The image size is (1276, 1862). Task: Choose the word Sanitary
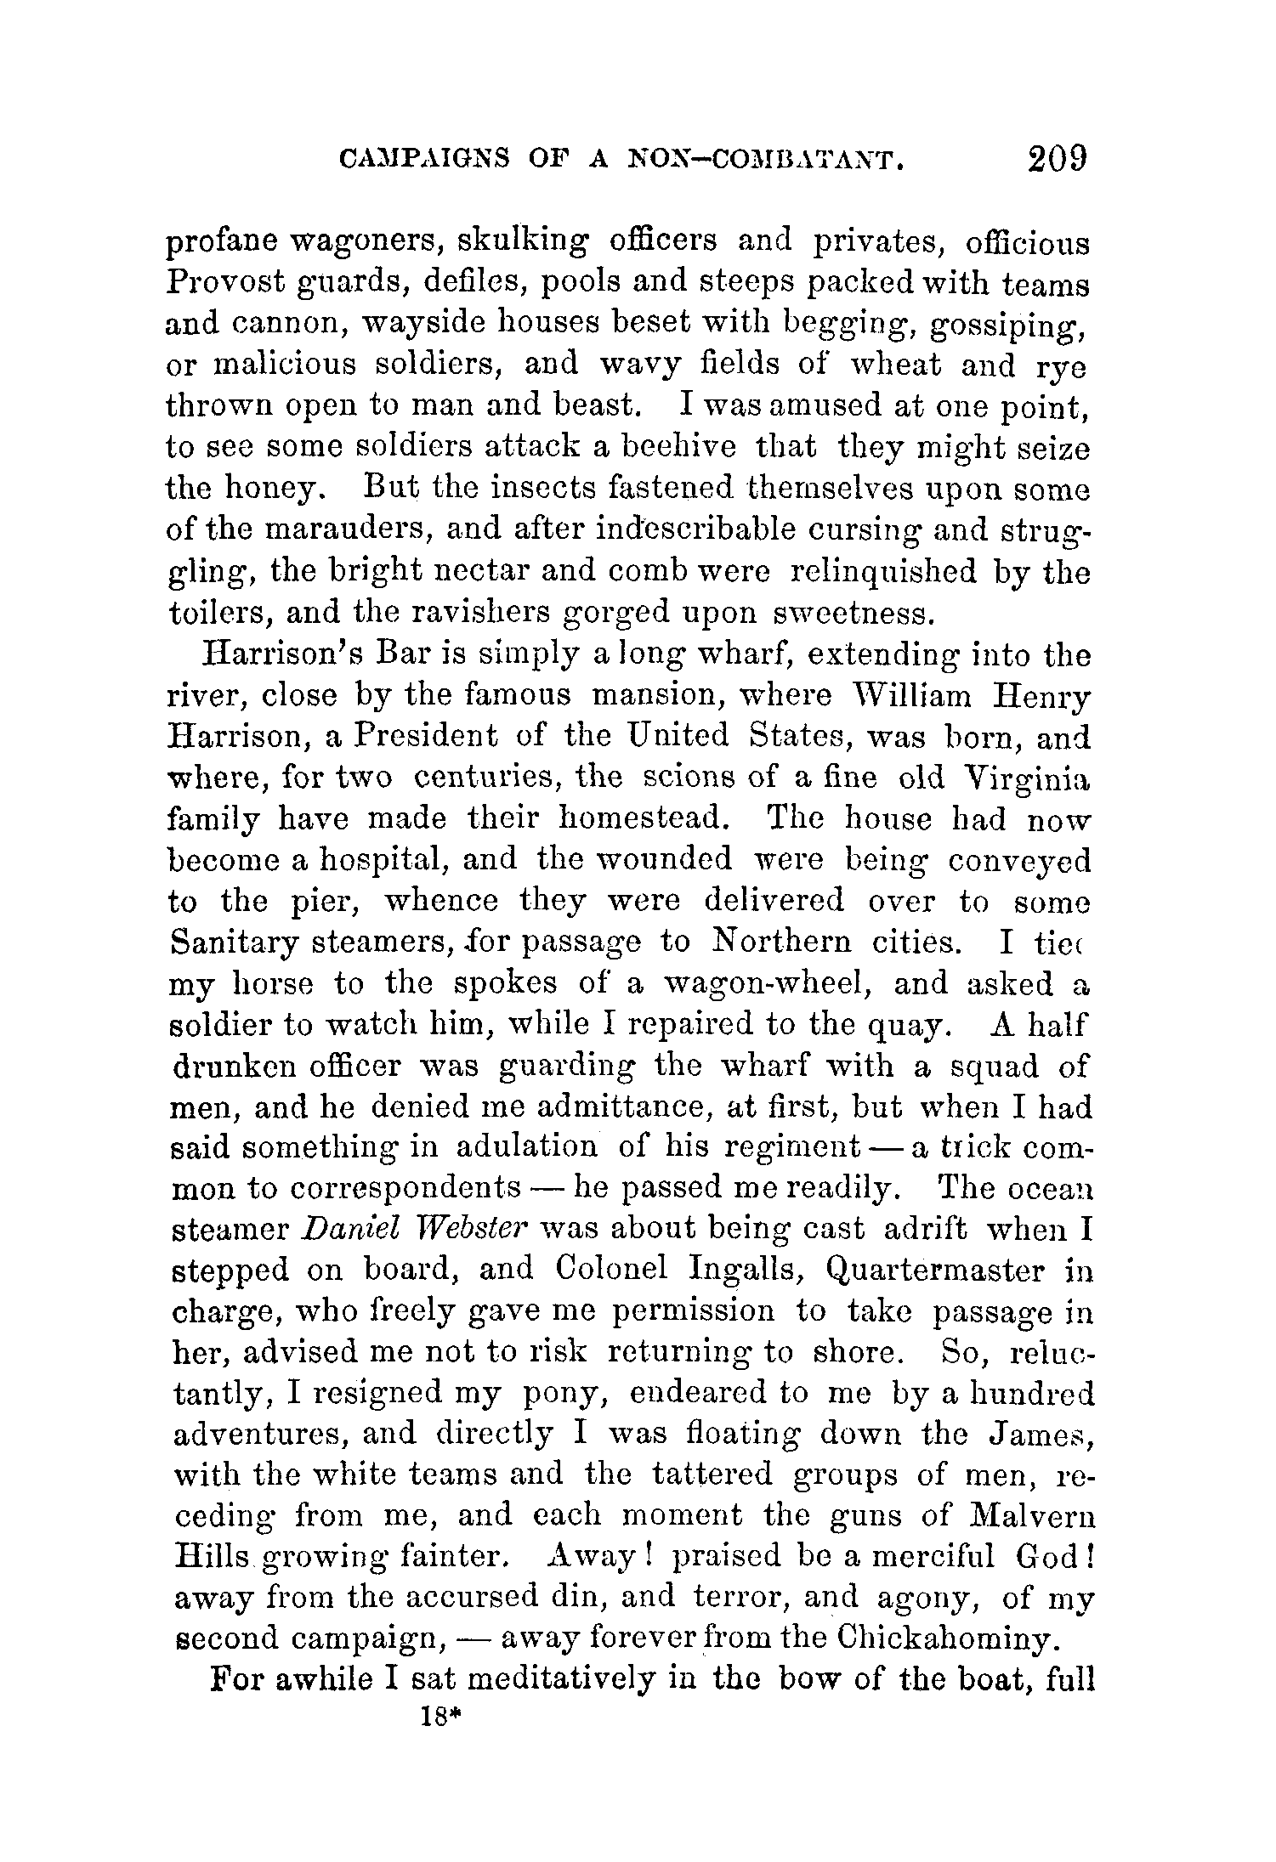(x=223, y=943)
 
